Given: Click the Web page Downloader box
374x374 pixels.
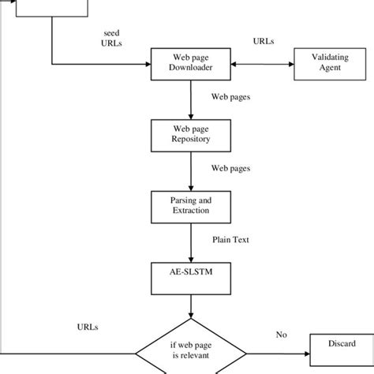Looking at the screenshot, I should point(192,63).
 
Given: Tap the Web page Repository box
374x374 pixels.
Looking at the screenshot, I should point(192,136).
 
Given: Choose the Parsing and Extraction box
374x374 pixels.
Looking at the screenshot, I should point(192,207).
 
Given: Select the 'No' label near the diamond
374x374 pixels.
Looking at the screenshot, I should point(281,335).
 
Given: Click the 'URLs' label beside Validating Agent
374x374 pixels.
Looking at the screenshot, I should point(263,41).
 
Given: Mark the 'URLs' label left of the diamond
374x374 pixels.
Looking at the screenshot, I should point(88,325).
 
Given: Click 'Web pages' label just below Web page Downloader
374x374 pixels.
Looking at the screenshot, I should point(230,99).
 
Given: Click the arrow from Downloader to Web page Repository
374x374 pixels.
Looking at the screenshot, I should point(192,99).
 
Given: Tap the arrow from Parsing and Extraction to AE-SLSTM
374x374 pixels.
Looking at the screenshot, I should point(192,242).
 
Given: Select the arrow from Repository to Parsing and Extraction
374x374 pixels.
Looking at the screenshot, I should point(192,170).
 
